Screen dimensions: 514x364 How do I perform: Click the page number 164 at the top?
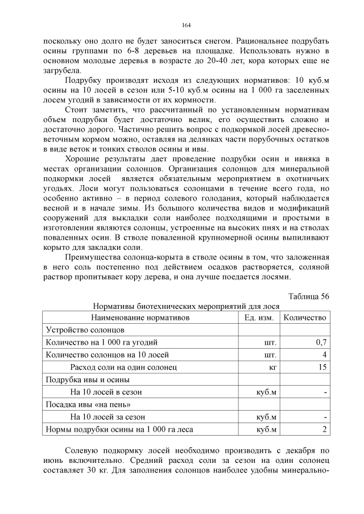pyautogui.click(x=186, y=26)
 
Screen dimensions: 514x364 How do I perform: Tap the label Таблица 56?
pyautogui.click(x=309, y=296)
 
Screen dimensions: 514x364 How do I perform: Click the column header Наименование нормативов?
pyautogui.click(x=140, y=317)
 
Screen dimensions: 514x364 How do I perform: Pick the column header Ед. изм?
pyautogui.click(x=259, y=317)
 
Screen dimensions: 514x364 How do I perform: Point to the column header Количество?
pyautogui.click(x=305, y=317)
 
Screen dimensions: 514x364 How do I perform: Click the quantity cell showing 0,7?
pyautogui.click(x=321, y=342)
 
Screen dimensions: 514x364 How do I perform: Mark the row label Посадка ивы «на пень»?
pyautogui.click(x=83, y=405)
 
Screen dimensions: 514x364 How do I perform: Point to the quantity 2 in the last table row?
pyautogui.click(x=324, y=430)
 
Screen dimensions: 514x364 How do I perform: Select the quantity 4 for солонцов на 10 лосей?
pyautogui.click(x=324, y=355)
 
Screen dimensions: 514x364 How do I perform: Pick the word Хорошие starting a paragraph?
pyautogui.click(x=84, y=157)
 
